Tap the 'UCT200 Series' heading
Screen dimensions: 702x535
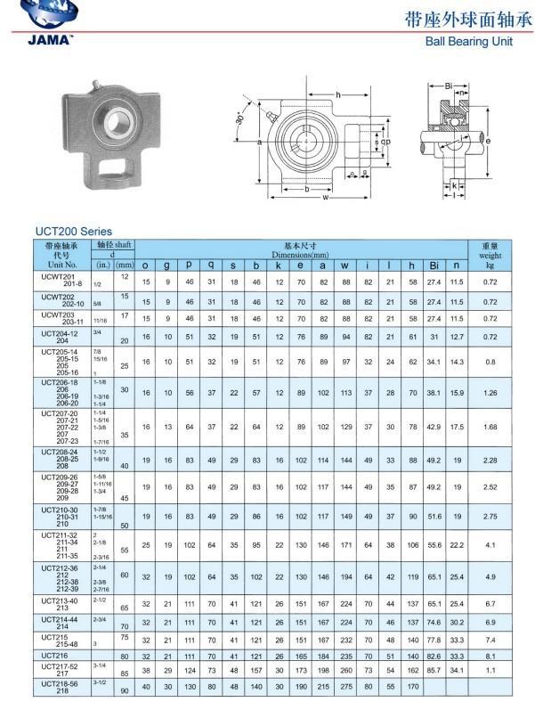coord(73,232)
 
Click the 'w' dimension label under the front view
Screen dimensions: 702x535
coord(326,199)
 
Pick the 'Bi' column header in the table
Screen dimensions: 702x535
coord(434,265)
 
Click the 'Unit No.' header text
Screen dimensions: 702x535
coord(62,265)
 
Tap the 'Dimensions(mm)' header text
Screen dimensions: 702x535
coord(294,255)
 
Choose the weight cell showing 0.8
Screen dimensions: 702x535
coord(490,362)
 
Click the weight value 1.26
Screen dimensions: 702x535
coord(490,392)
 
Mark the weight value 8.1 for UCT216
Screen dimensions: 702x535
coord(490,655)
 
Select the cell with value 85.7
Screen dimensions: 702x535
coord(434,668)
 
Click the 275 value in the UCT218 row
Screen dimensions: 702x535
coord(345,687)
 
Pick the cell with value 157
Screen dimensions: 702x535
coord(256,668)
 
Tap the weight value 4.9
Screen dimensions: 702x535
coord(490,576)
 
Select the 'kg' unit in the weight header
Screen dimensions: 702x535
coord(490,265)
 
